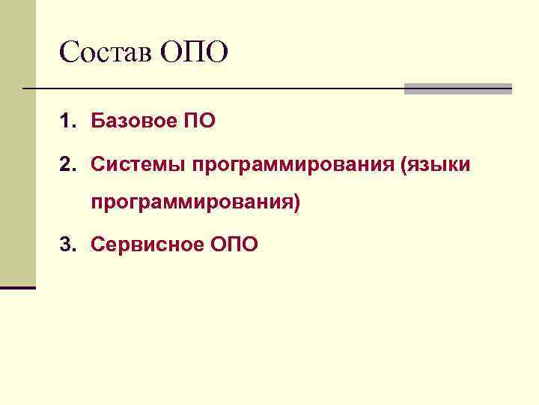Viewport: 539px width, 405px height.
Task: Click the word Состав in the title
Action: point(106,52)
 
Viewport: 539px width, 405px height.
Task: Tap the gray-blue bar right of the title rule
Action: point(457,88)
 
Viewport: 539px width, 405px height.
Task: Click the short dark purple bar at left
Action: point(17,287)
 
